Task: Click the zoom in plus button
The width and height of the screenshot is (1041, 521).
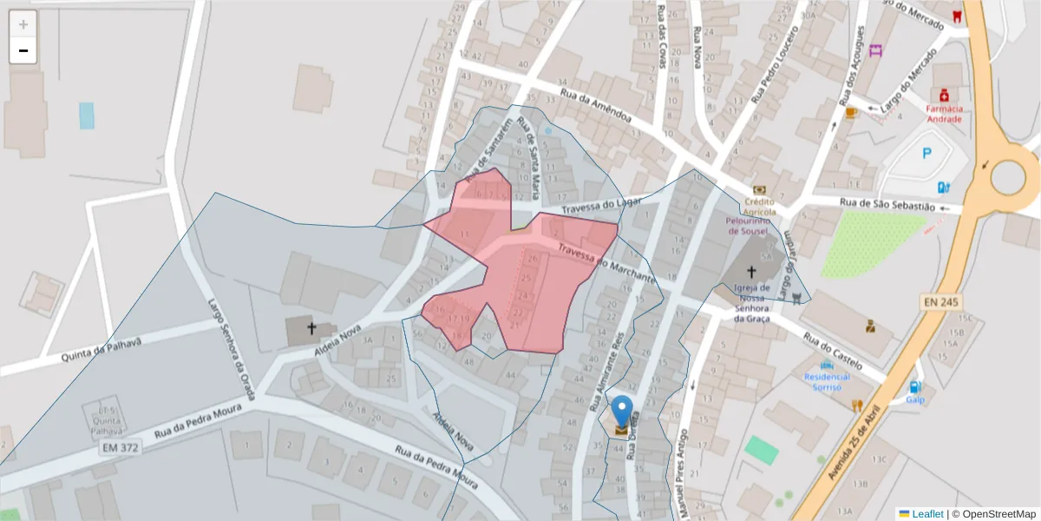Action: tap(23, 24)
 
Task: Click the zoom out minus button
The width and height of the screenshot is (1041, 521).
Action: tap(23, 50)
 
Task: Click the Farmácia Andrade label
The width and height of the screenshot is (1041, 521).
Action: tap(944, 114)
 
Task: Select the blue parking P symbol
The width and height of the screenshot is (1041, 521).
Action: tap(926, 154)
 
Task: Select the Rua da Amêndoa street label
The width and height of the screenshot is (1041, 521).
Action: tap(599, 106)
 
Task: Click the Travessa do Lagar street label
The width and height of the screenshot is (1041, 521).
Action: tap(599, 206)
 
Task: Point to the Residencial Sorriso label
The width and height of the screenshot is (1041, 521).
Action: tap(828, 382)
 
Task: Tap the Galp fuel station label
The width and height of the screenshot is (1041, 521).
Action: tap(915, 400)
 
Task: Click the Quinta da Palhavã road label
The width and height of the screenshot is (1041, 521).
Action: tap(101, 349)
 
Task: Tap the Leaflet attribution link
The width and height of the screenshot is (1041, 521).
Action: tap(927, 514)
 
